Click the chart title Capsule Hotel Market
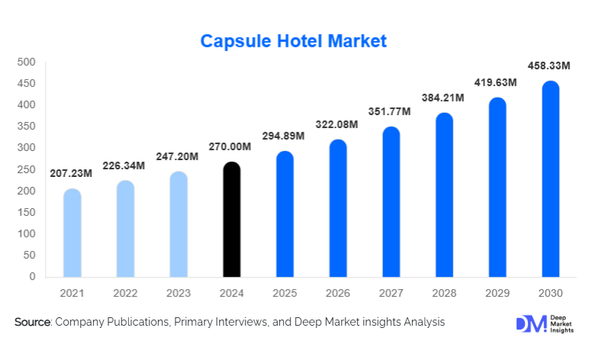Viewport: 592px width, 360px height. click(294, 40)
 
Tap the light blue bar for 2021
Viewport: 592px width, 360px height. click(72, 233)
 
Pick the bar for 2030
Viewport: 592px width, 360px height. click(551, 179)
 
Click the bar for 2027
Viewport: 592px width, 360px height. click(391, 202)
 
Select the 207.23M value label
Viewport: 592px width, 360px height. click(71, 173)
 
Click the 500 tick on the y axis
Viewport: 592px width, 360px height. click(27, 62)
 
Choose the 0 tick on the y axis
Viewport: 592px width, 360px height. click(32, 277)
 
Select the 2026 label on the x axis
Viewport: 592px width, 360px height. click(338, 292)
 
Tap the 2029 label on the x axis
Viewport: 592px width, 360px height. click(497, 292)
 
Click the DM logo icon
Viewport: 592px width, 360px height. click(532, 323)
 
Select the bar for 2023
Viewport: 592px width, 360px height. click(178, 224)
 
